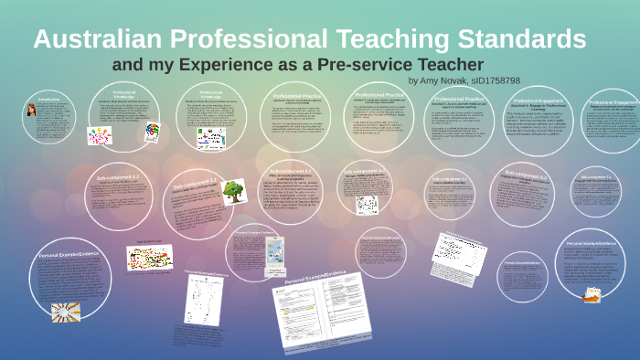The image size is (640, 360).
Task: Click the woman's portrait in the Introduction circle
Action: [31, 111]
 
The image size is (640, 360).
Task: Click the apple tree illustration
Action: [234, 191]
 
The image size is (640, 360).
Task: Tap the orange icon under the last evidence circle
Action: [593, 293]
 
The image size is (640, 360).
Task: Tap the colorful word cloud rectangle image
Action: [149, 257]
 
